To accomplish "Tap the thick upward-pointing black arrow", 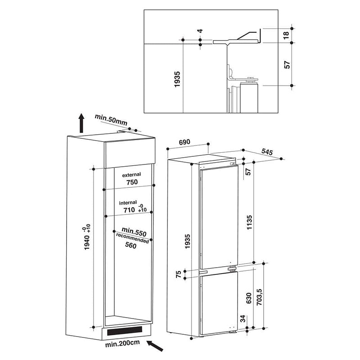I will (81, 122).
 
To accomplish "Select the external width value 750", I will (131, 182).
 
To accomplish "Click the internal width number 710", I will (129, 210).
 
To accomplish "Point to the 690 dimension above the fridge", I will (184, 142).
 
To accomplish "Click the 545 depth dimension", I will (267, 153).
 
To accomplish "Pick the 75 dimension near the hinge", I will (178, 275).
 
